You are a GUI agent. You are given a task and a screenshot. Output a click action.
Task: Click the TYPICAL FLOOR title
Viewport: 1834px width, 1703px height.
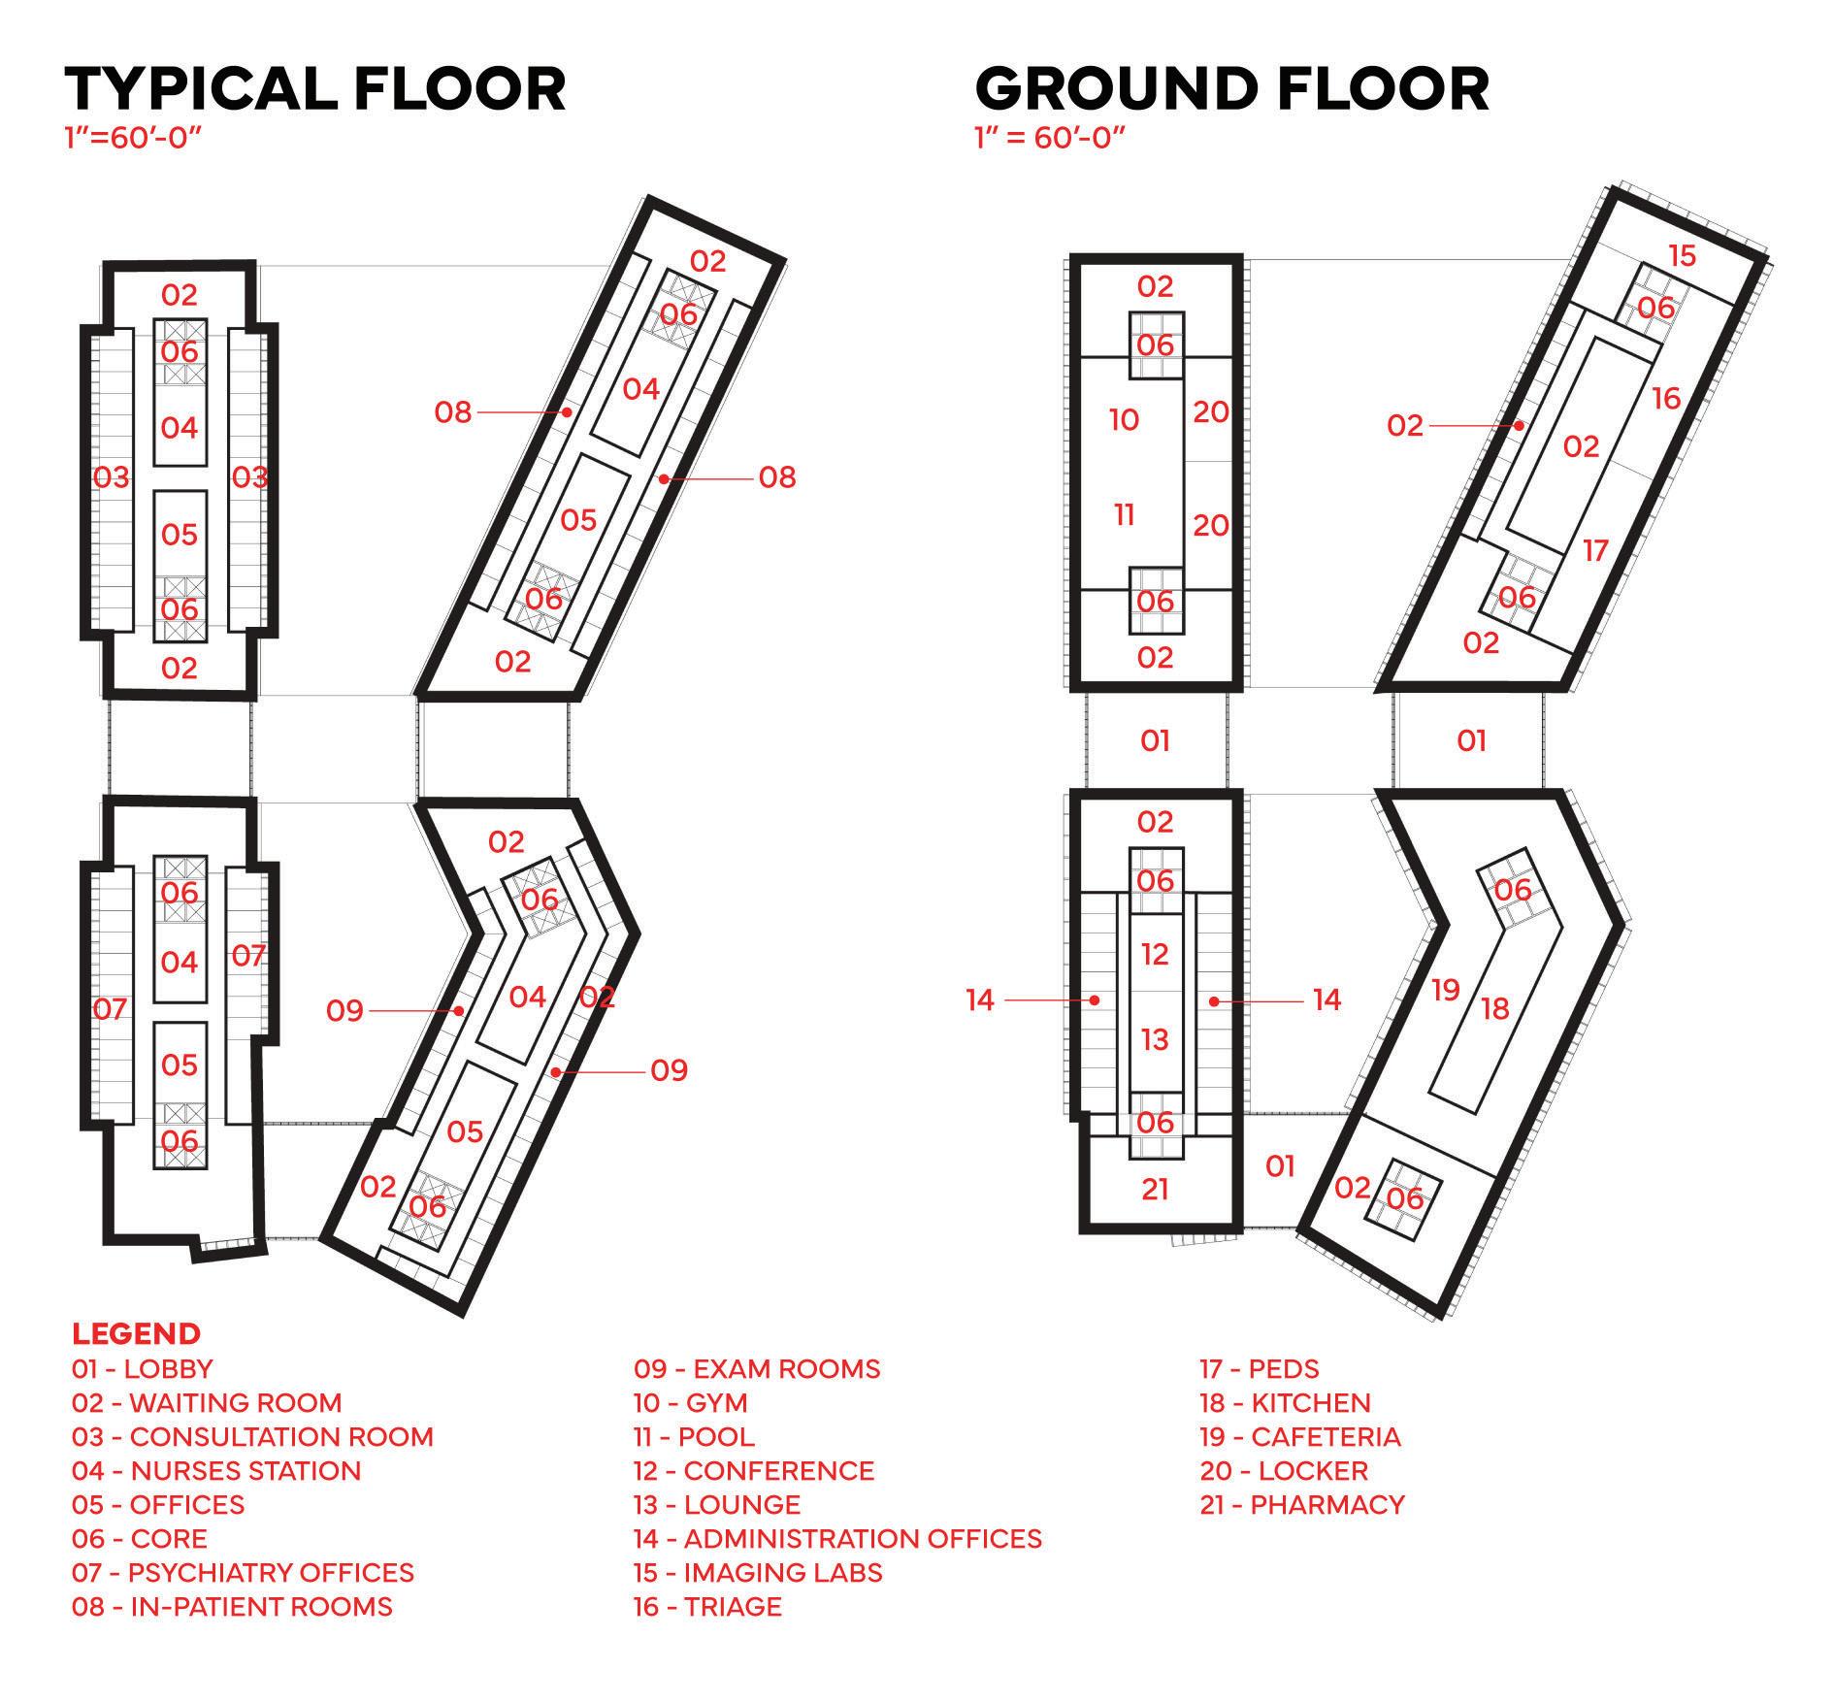click(x=315, y=89)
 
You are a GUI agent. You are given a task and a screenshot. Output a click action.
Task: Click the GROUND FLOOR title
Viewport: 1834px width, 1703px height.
click(x=1231, y=89)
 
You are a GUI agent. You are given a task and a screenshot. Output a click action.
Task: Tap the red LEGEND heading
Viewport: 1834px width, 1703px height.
click(x=136, y=1332)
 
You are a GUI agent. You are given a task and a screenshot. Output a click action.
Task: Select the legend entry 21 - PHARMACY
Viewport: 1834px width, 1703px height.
click(x=1302, y=1504)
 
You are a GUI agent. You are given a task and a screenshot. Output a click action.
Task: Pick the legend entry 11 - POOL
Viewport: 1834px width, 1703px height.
click(x=694, y=1436)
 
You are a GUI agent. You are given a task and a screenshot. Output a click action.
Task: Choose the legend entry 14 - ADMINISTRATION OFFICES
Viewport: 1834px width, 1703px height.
click(x=837, y=1538)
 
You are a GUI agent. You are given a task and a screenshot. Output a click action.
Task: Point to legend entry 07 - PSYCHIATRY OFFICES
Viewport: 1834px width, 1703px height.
click(x=243, y=1572)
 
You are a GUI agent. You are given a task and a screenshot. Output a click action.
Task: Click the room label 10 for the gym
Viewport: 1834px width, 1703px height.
click(x=1124, y=420)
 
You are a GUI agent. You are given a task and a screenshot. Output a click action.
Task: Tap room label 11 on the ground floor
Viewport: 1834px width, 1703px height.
click(x=1124, y=514)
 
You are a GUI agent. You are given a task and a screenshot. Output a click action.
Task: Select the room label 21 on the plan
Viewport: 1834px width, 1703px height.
click(x=1155, y=1189)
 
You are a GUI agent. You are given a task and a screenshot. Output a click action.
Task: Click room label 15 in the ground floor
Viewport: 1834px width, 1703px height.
click(x=1682, y=256)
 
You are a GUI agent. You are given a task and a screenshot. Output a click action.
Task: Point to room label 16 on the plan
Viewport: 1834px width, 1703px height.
click(x=1665, y=399)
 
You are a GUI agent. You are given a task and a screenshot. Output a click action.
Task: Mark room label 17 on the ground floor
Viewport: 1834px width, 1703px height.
click(x=1595, y=551)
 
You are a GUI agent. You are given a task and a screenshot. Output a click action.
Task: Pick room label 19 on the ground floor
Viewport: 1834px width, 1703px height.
click(x=1446, y=990)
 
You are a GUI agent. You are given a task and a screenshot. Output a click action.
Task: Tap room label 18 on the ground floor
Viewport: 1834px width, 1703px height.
click(x=1495, y=1009)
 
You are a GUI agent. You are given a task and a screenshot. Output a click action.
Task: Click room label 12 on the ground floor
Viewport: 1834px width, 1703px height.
click(x=1155, y=955)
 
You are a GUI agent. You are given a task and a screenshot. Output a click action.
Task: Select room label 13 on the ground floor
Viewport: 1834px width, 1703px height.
click(x=1155, y=1040)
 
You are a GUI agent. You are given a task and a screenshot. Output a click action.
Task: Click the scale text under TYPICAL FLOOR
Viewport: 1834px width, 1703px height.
click(x=133, y=137)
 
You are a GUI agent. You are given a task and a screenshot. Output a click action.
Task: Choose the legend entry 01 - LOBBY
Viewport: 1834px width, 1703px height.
click(x=142, y=1368)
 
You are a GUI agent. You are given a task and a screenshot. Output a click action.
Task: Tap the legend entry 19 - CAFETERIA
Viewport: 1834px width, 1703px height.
click(x=1300, y=1436)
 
